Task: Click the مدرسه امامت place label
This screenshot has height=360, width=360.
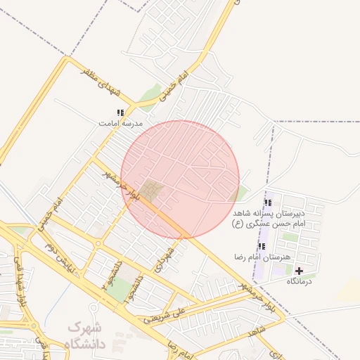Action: [120, 123]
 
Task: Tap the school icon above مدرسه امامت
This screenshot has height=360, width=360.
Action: [121, 112]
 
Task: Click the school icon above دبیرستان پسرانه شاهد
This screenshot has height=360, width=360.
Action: [267, 202]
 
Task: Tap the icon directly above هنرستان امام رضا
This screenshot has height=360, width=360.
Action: [262, 247]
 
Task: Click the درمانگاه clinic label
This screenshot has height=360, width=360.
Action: [300, 281]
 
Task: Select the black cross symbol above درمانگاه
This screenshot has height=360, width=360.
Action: [300, 271]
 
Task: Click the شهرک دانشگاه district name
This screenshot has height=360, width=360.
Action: [85, 336]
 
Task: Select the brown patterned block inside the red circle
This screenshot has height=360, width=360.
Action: [150, 190]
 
